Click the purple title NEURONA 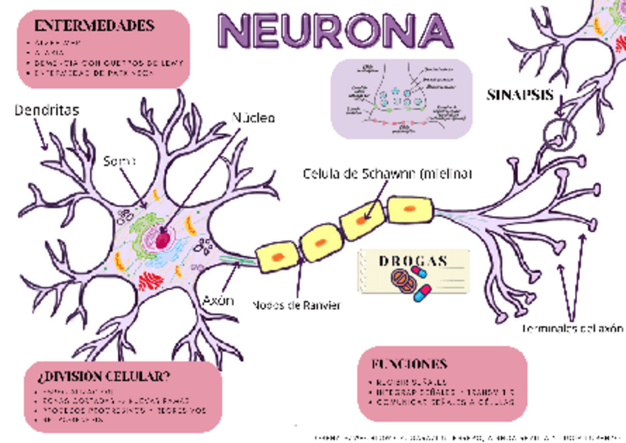point(335,30)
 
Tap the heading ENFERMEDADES point(94,26)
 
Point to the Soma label point(119,159)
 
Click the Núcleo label point(253,117)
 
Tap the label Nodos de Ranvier point(297,306)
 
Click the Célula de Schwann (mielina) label point(387,174)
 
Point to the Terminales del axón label point(573,329)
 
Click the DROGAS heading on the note point(413,261)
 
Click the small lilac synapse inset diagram point(401,98)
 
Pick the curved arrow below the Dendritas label point(40,136)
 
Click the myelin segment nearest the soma point(277,255)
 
